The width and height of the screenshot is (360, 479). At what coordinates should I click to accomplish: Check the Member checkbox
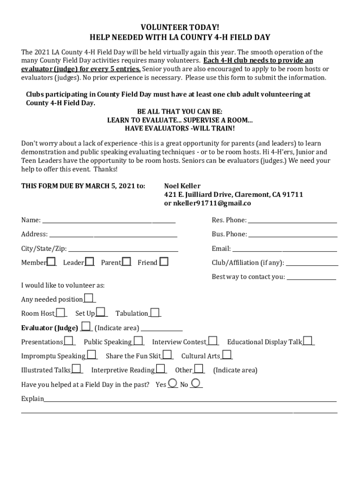coord(51,261)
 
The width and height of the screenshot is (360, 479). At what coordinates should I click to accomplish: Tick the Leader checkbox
coord(89,261)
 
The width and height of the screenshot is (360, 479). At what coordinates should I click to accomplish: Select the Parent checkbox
coord(126,261)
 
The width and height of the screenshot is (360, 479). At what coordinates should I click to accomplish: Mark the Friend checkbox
coord(164,261)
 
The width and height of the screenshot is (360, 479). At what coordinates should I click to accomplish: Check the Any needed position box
coord(88,298)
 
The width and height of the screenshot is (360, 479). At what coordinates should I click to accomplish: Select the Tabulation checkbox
coord(155,312)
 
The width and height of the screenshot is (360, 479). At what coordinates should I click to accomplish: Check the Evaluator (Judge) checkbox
coord(86,326)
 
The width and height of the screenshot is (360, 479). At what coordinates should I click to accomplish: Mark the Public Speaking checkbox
coord(138,341)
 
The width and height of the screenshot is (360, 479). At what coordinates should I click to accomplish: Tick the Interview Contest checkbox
coord(213,341)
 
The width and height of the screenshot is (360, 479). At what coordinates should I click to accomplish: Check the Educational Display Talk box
coord(308,341)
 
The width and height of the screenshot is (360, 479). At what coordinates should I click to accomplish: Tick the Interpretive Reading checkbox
coord(160,369)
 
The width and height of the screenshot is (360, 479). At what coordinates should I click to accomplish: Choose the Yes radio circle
coord(173,383)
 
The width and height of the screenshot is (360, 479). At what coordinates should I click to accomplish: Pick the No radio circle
coord(196,383)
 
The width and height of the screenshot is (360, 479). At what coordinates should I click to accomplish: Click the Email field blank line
coord(284,249)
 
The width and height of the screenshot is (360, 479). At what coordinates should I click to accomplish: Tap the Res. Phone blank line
coord(292,220)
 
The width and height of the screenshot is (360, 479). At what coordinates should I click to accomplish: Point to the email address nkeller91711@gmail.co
coord(207,203)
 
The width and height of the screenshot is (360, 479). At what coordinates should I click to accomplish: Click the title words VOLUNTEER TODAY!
coord(180,28)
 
